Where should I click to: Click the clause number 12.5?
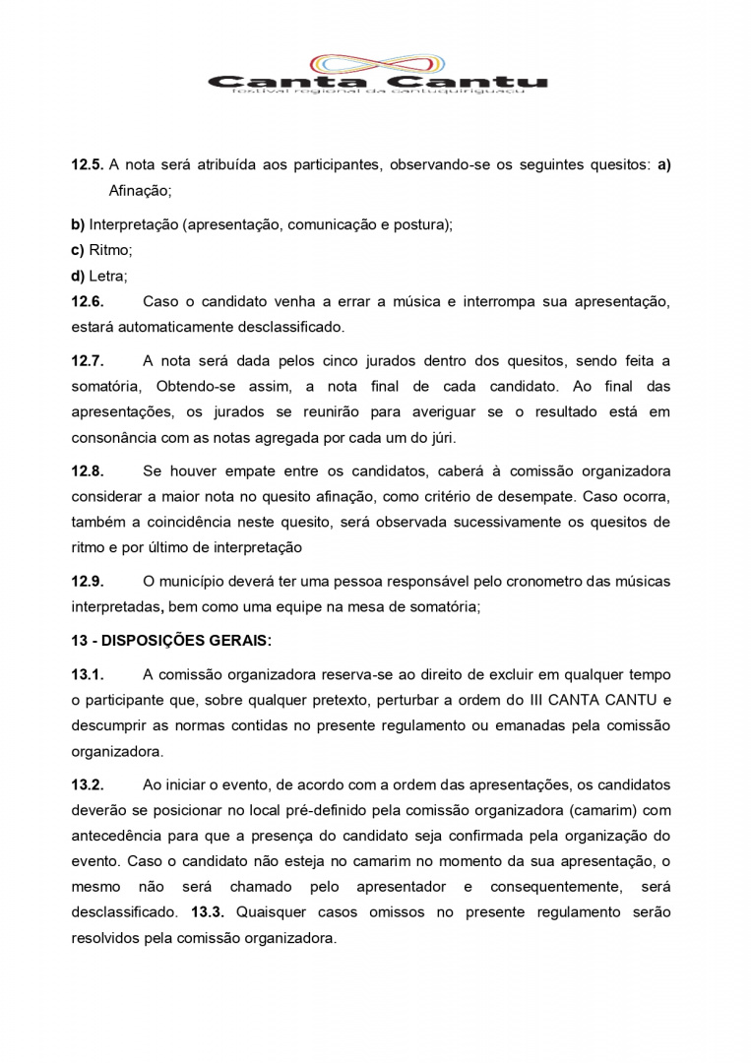pos(87,164)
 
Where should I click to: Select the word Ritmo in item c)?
pos(110,250)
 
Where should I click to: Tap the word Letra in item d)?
pos(108,277)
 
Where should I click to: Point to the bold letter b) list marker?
pos(78,224)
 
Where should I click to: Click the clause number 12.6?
pos(87,301)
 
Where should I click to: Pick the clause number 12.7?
pos(87,362)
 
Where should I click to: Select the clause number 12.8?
pos(87,471)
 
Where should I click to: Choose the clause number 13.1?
pos(87,674)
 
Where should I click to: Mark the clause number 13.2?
pos(87,784)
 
